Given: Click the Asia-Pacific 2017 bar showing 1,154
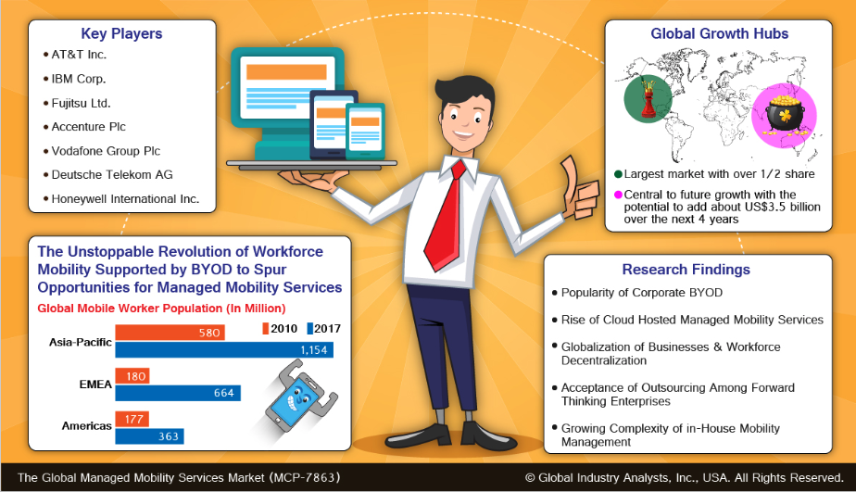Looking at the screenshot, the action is tap(224, 350).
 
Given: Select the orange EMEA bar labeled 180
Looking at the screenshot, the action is tap(132, 376).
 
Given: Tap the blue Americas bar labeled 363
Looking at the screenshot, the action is tap(149, 436).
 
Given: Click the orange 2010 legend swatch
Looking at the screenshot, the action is tap(265, 329).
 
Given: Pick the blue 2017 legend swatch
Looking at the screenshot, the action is tap(309, 329).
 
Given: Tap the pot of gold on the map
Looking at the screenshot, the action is tap(785, 117).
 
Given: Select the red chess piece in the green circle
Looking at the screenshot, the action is tap(648, 99).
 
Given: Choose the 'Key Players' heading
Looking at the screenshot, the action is tap(121, 34).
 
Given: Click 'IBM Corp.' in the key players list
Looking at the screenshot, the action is tap(79, 79).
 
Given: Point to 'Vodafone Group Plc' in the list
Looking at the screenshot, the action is tap(106, 151).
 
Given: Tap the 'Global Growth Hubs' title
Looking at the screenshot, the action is tap(720, 34).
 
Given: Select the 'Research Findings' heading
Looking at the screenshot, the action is tap(686, 270).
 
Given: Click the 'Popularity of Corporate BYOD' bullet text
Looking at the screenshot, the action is tap(642, 293).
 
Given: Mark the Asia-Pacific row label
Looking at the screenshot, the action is tap(81, 343).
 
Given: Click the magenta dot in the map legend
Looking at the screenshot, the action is tap(618, 195).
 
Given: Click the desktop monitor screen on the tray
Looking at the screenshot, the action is tap(286, 85).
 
